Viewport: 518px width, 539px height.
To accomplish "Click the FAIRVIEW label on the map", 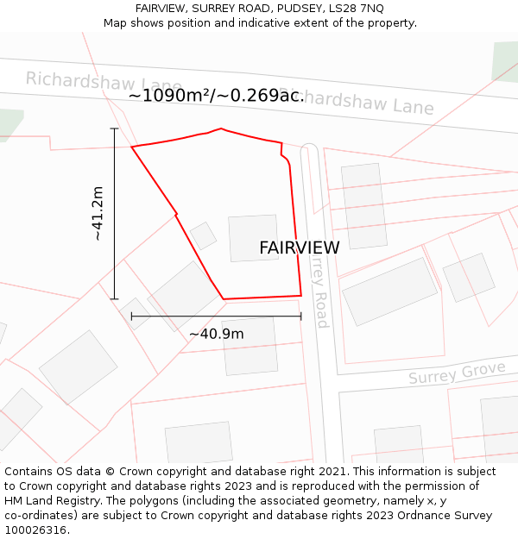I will (299, 248).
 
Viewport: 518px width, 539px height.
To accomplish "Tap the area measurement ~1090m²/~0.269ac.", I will (216, 96).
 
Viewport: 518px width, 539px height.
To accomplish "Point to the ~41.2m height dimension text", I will (98, 213).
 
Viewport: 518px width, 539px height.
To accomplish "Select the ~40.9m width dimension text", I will (216, 334).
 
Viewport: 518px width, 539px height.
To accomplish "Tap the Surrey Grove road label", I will (457, 374).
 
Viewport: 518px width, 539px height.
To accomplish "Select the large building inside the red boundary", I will (254, 238).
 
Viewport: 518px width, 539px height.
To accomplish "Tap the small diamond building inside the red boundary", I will (204, 235).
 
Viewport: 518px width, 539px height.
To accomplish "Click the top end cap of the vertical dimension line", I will (114, 128).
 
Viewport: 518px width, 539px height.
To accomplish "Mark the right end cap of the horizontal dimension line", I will (301, 317).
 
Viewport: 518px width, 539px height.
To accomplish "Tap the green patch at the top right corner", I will (506, 60).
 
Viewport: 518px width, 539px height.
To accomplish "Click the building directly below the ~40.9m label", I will (250, 346).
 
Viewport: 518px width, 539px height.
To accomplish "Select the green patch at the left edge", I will (9, 122).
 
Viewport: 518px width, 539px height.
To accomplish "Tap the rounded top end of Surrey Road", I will (309, 149).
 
